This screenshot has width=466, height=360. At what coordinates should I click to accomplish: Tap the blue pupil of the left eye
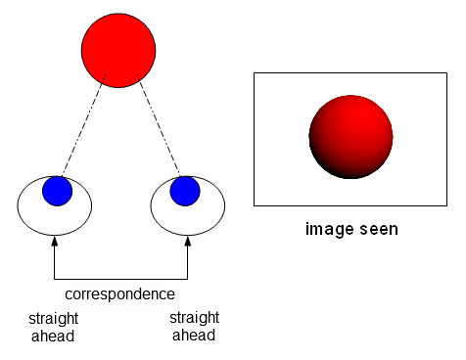[x=58, y=192]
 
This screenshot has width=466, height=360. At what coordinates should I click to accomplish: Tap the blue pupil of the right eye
[x=185, y=191]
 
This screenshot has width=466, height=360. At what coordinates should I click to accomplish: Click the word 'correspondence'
[x=119, y=293]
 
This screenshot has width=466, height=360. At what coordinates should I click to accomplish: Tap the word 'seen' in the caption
[x=377, y=230]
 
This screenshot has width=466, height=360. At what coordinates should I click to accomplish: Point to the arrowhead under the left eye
[x=54, y=240]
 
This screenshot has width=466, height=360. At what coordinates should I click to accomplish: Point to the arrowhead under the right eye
[x=187, y=240]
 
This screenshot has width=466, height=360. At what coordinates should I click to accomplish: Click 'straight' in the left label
[x=54, y=319]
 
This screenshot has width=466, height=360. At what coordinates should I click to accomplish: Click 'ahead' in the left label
[x=52, y=337]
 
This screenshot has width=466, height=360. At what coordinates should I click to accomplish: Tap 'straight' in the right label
[x=194, y=318]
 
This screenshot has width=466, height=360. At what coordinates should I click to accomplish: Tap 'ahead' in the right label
[x=193, y=336]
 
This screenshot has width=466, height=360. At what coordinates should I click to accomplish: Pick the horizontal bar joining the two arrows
[x=120, y=279]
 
